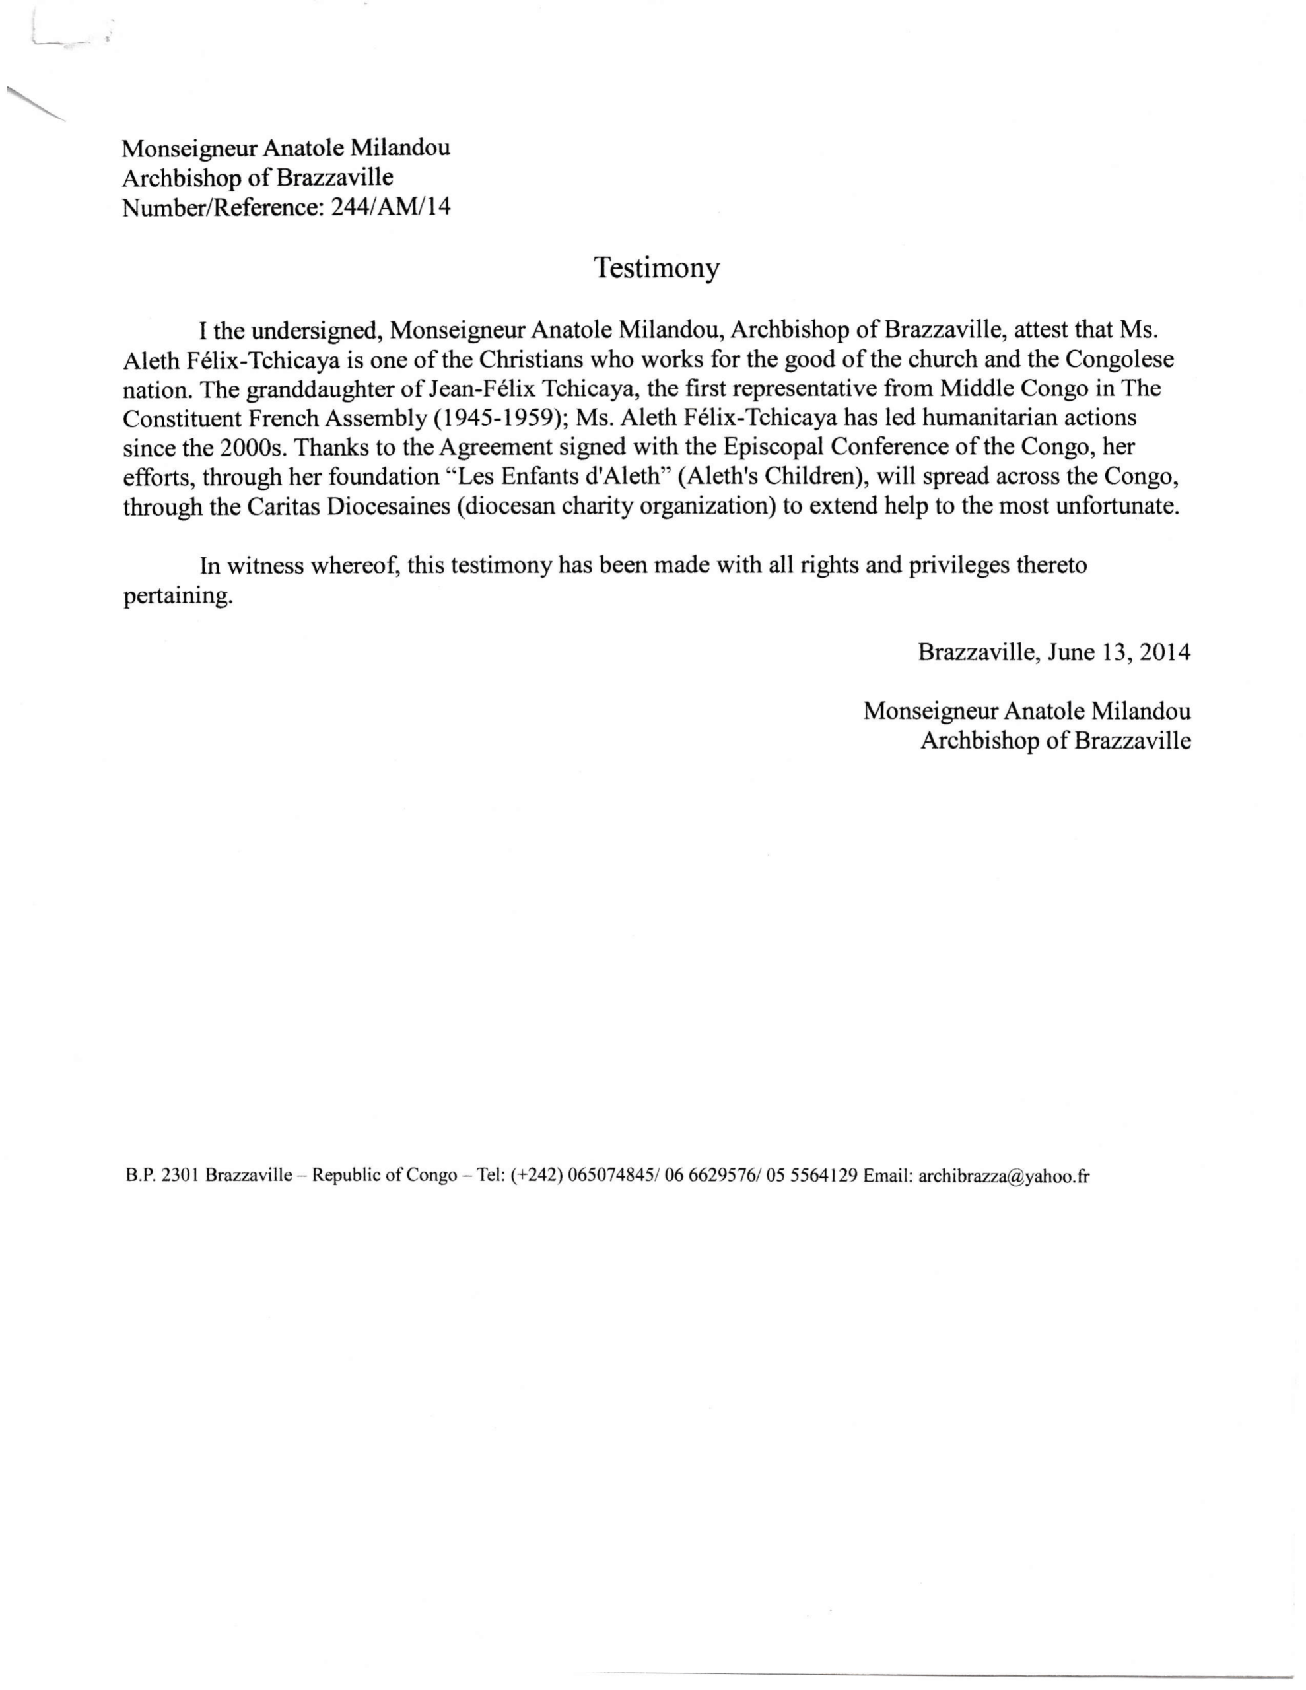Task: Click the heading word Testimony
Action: [x=656, y=268]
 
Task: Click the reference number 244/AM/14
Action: [x=390, y=207]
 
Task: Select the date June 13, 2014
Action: [x=1118, y=652]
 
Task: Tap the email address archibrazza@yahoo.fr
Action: [x=1004, y=1176]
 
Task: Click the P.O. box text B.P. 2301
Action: [x=162, y=1176]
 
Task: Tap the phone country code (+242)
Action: [x=535, y=1176]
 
